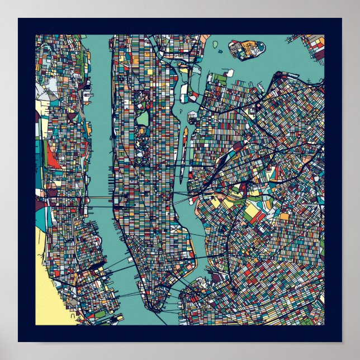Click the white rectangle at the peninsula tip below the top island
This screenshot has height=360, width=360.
coord(229,73)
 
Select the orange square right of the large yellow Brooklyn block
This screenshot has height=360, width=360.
coord(284,216)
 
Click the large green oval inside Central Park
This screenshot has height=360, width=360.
coord(143,119)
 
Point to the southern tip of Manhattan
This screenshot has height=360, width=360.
coord(150,309)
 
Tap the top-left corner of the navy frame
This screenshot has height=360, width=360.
coord(19,19)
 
